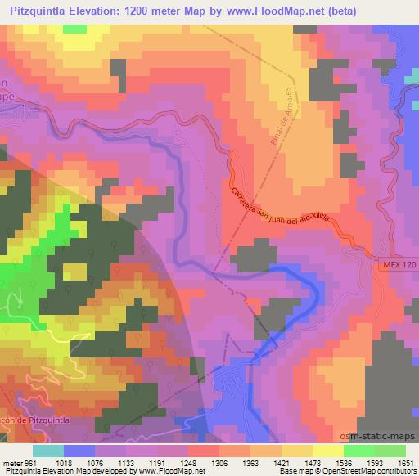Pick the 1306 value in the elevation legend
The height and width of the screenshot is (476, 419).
220,462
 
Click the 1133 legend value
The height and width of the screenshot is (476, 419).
127,462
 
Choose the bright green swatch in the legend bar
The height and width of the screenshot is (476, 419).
358,450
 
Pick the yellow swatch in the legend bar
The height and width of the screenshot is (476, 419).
327,450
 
